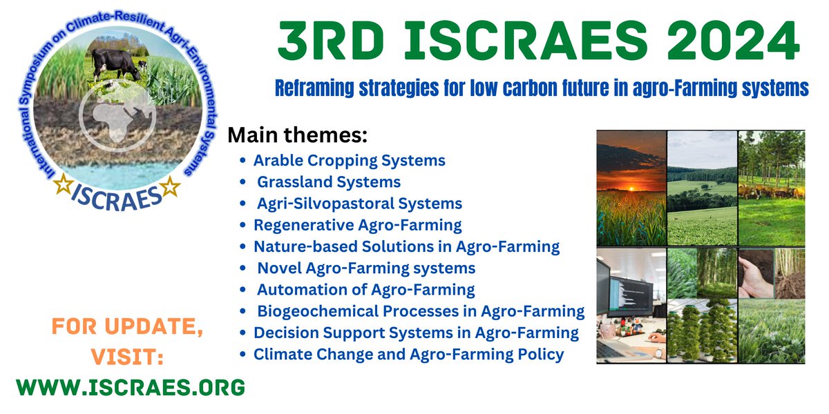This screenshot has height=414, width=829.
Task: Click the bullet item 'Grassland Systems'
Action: click(329, 183)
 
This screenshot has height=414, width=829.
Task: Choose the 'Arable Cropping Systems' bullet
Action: click(349, 161)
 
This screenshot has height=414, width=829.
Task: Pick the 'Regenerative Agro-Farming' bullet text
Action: click(357, 225)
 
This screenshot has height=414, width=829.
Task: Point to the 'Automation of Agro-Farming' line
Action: click(365, 290)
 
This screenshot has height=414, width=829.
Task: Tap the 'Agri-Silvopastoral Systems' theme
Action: click(359, 204)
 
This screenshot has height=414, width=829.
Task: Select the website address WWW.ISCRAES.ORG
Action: click(131, 387)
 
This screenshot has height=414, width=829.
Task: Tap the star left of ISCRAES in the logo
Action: click(64, 186)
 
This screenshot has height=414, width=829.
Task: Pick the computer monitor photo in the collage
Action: click(630, 304)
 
